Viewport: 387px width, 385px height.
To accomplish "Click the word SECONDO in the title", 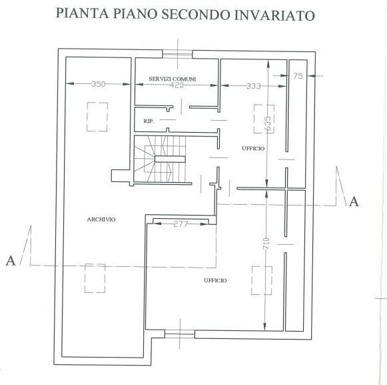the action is (195, 14).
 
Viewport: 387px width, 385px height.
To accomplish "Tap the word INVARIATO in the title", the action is (274, 15).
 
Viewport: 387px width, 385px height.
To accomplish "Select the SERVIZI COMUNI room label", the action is (173, 79).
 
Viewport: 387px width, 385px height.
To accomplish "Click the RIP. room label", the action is (149, 121).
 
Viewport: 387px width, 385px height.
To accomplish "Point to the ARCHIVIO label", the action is (101, 220).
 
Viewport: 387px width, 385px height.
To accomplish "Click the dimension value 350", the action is (98, 84).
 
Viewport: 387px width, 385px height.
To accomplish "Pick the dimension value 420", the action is (177, 85).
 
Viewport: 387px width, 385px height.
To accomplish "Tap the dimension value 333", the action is (254, 86).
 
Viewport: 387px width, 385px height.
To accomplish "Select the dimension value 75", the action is (298, 76).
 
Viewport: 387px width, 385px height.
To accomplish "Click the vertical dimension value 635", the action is (268, 123).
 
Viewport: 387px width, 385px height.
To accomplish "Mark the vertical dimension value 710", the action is (266, 244).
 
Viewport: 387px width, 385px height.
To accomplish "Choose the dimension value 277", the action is (181, 224).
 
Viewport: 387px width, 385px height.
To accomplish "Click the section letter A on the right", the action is (354, 202).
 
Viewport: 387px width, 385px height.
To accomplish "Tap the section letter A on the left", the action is (11, 261).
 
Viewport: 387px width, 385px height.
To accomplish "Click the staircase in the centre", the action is (160, 159).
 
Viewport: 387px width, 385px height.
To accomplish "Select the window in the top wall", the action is (177, 54).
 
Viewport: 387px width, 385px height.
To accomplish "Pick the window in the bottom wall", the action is (180, 334).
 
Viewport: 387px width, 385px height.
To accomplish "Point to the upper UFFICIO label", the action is (253, 148).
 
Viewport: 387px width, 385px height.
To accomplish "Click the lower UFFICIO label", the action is (215, 280).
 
